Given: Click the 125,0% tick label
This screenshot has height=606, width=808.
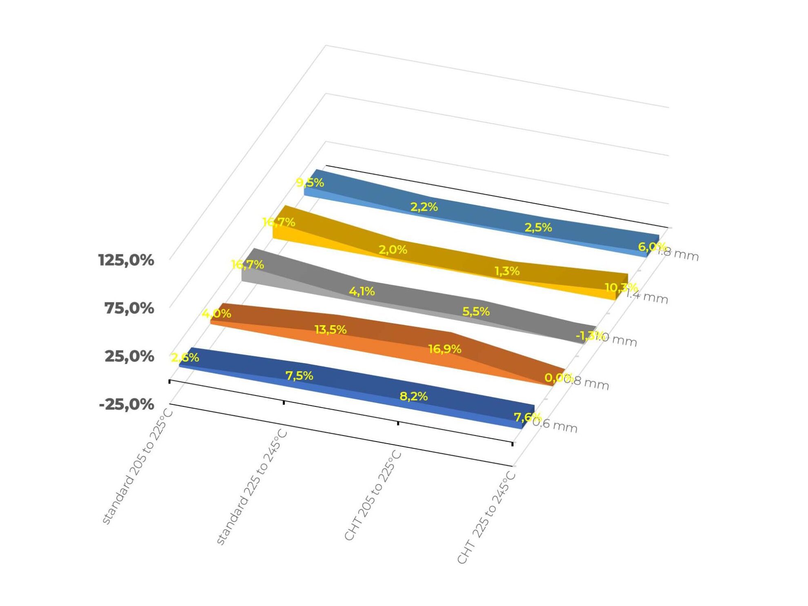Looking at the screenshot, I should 126,260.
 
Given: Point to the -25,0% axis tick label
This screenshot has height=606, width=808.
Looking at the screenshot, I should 126,404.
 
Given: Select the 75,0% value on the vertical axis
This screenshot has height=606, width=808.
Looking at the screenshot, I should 129,308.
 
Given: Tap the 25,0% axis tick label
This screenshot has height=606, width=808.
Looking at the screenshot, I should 129,356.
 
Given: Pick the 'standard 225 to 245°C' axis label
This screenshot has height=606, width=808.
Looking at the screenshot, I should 252,487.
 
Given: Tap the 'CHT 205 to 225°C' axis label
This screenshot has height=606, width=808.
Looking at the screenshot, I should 373,495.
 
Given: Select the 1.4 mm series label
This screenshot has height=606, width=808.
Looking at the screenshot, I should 647,296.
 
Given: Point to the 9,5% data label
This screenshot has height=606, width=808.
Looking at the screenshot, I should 310,182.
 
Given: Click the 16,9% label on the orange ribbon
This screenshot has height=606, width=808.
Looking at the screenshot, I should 444,349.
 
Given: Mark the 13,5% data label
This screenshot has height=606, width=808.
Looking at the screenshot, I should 330,329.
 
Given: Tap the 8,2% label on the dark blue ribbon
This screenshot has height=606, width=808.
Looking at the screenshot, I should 413,396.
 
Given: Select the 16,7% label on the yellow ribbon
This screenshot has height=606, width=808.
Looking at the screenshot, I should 279,222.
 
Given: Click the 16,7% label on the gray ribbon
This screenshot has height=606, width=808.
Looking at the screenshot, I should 247,265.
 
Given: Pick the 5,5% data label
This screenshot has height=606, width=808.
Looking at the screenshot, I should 476,312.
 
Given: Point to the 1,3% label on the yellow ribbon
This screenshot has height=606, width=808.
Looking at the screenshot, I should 507,271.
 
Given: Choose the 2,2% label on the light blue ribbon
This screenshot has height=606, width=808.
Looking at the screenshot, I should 424,207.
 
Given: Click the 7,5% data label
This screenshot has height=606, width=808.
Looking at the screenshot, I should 299,375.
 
